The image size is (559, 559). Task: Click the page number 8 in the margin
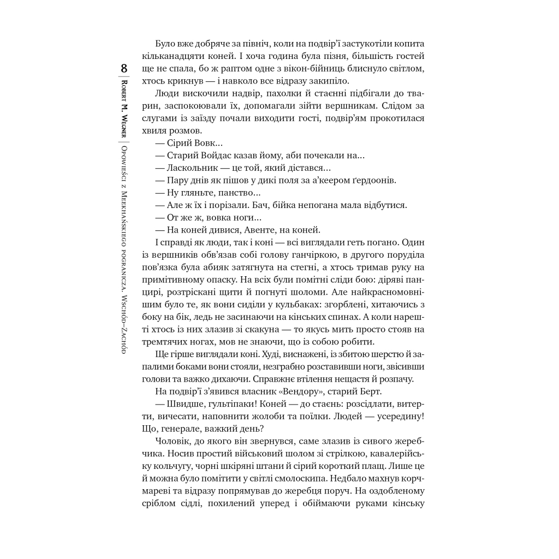(124, 69)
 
